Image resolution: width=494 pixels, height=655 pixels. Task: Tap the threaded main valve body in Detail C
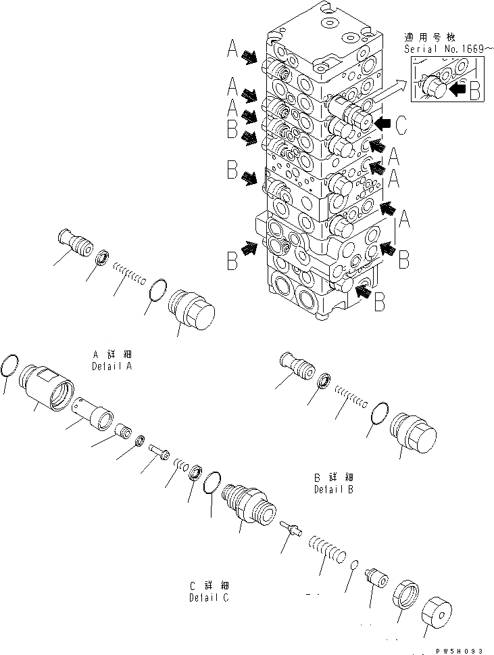point(248,503)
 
